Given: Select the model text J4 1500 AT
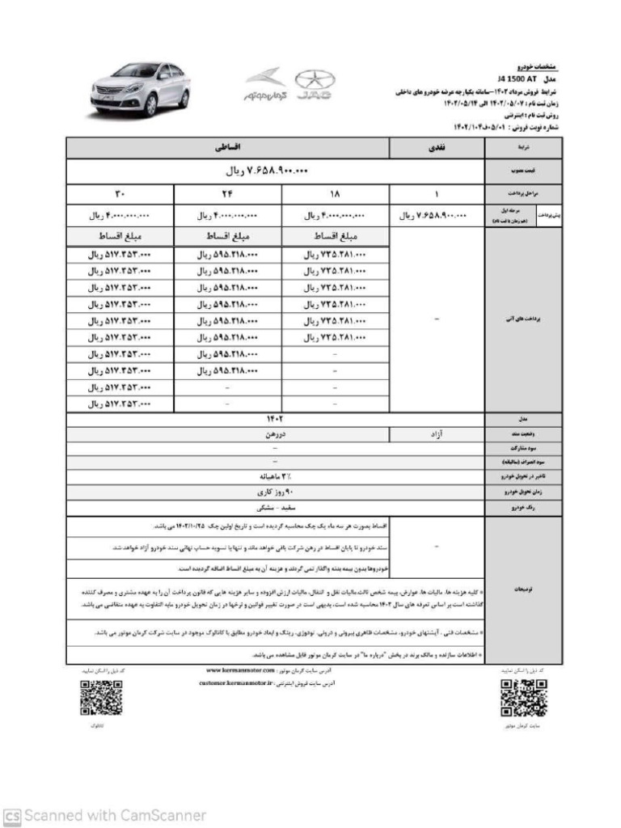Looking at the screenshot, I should [x=517, y=79].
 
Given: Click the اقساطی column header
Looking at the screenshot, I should [x=227, y=149].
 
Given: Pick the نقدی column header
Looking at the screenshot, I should [x=437, y=149].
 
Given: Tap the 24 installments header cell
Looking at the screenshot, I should [x=227, y=194].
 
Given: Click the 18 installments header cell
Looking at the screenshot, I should [x=335, y=194].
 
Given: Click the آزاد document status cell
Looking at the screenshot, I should [x=437, y=433].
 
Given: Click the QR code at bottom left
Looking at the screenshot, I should [x=101, y=698].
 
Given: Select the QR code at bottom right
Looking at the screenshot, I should [x=523, y=698].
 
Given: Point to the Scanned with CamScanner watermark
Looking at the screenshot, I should [x=105, y=815].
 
